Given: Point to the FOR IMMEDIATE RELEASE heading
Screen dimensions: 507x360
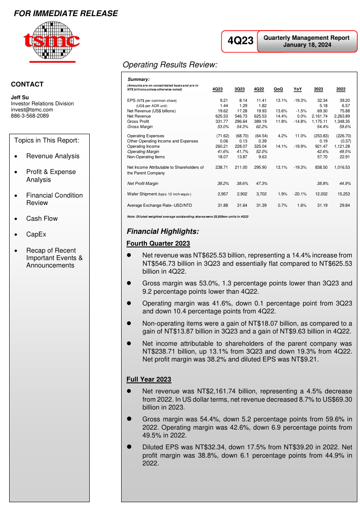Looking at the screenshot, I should pos(66,14).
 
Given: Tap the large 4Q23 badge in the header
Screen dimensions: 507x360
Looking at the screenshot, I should pos(241,41).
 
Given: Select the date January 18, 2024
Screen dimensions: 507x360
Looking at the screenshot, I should pos(307,45).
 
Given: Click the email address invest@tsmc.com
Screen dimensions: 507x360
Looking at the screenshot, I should pos(32,110).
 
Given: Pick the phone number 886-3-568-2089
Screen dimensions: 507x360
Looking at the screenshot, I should pos(30,116).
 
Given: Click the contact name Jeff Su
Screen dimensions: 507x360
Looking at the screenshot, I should pos(20,97).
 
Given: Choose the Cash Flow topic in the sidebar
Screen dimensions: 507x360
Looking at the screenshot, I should pos(42,219).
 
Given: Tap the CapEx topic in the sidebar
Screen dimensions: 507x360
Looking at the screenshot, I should pos(36,234).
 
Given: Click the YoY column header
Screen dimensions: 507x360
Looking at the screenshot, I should pos(297,89).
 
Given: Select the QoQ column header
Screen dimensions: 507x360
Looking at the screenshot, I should pos(278,89).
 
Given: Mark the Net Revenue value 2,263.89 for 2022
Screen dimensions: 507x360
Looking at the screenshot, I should pos(342,116).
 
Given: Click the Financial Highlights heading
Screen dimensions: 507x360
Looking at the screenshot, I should pos(163,231).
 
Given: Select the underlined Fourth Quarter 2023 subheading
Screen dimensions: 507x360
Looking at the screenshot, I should pos(158,243).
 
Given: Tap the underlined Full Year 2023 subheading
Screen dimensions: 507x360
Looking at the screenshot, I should pos(149,379).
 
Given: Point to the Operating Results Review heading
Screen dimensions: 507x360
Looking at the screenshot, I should pos(170,65).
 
